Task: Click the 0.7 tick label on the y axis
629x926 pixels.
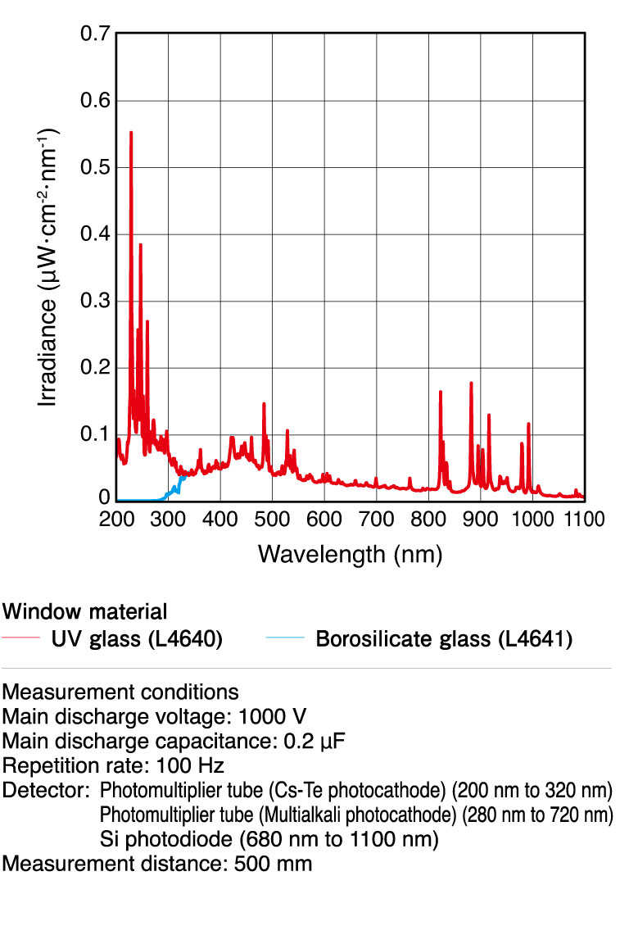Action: click(96, 34)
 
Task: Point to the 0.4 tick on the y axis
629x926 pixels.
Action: click(96, 235)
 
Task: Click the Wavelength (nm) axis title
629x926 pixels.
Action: click(350, 554)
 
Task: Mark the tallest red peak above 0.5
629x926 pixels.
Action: click(131, 133)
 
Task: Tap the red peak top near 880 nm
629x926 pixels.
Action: click(471, 384)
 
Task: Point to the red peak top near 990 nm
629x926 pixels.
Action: click(528, 424)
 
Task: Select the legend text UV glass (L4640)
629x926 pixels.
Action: click(137, 639)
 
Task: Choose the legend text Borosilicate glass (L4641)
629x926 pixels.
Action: click(443, 639)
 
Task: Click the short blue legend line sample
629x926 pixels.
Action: click(285, 638)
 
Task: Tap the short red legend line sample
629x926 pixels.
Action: click(22, 638)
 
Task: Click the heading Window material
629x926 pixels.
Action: click(85, 611)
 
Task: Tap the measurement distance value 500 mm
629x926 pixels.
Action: click(273, 864)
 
